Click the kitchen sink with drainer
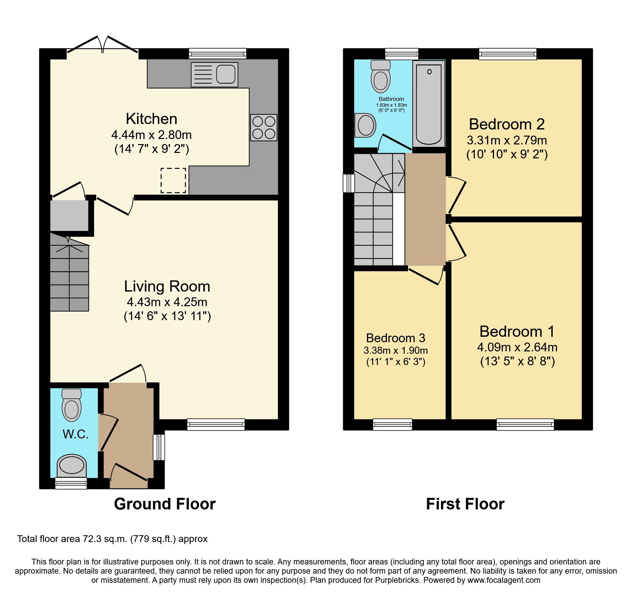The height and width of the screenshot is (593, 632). pos(214,74)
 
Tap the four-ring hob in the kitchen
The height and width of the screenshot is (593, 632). pos(264,127)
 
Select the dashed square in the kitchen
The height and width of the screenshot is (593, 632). pos(173,180)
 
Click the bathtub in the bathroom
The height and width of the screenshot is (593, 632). pos(429,104)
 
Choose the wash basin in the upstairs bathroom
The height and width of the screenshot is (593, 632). pos(366,125)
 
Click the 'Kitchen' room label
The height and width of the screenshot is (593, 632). pos(152,119)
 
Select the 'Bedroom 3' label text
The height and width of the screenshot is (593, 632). pos(396,338)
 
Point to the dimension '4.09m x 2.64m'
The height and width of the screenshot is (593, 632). pos(517,347)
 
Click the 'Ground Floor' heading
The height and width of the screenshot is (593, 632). pos(165,504)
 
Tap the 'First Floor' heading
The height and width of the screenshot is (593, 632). pos(465,504)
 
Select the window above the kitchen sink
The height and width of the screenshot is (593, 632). pos(217,54)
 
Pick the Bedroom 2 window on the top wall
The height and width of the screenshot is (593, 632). pos(508,54)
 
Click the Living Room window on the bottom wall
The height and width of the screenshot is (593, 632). pos(216,424)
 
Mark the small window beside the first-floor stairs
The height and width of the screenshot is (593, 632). pos(349,183)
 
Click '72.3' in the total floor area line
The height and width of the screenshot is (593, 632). pos(92,539)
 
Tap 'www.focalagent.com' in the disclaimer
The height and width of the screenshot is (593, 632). pos(504,580)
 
